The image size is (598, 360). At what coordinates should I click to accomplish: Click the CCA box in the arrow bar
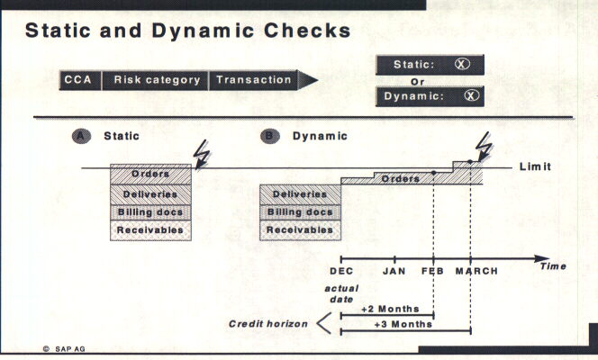pyautogui.click(x=78, y=79)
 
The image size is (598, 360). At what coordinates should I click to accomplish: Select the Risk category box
pyautogui.click(x=157, y=79)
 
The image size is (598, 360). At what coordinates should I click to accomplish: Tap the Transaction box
pyautogui.click(x=256, y=79)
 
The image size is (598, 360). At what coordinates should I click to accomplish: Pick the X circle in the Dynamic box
pyautogui.click(x=468, y=96)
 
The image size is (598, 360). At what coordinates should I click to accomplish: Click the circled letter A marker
pyautogui.click(x=81, y=136)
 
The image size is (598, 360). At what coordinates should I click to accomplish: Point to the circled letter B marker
pyautogui.click(x=269, y=136)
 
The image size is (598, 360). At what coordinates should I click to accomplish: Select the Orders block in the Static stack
pyautogui.click(x=150, y=174)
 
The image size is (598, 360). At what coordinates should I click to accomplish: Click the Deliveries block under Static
pyautogui.click(x=150, y=193)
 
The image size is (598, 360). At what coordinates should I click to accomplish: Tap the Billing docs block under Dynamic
pyautogui.click(x=299, y=212)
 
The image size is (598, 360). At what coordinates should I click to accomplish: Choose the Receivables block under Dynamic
pyautogui.click(x=299, y=230)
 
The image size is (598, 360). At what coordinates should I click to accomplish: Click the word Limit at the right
pyautogui.click(x=535, y=168)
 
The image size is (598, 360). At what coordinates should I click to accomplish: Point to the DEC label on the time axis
pyautogui.click(x=341, y=271)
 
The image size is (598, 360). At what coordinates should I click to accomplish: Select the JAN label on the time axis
pyautogui.click(x=394, y=271)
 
